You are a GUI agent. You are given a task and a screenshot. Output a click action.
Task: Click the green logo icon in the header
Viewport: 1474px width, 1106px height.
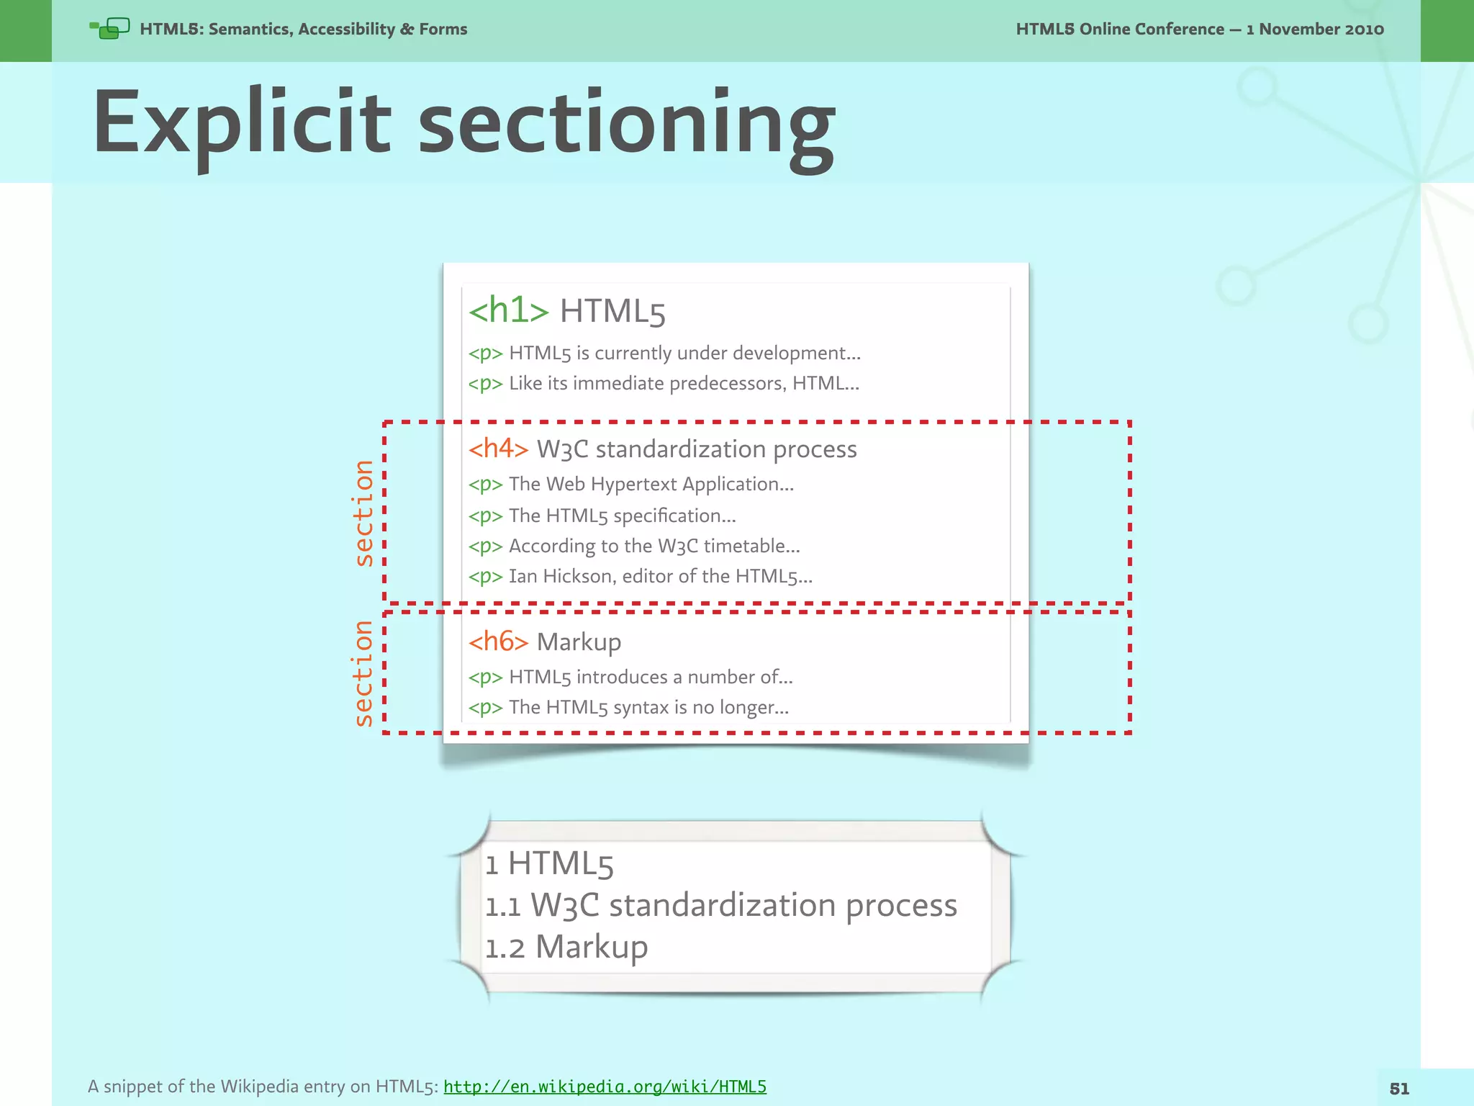click(x=109, y=29)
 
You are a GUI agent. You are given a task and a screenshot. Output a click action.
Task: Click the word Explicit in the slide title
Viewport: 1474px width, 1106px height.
click(x=242, y=124)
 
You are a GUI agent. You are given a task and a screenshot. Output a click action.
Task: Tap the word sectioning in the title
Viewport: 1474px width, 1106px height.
click(x=626, y=124)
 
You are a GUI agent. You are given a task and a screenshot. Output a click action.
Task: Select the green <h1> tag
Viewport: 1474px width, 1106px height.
click(x=508, y=310)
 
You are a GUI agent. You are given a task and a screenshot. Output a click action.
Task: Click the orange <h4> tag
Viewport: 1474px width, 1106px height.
click(x=498, y=449)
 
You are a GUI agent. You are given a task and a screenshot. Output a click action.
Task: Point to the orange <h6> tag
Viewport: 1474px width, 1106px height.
click(x=498, y=642)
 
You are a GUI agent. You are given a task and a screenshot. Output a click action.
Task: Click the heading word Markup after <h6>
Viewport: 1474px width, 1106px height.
click(x=579, y=642)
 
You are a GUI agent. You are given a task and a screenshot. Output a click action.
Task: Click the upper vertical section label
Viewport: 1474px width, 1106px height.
click(x=364, y=513)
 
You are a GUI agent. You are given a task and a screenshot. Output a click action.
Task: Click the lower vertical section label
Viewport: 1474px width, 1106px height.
click(x=364, y=673)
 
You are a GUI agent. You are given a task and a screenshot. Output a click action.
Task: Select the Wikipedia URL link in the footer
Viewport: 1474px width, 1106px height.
click(x=605, y=1086)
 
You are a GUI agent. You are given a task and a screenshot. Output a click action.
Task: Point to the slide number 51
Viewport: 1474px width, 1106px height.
click(x=1399, y=1089)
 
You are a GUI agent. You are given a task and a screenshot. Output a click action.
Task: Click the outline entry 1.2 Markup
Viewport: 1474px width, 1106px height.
click(x=566, y=947)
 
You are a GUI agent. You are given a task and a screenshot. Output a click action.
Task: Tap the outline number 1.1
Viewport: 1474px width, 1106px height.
click(x=502, y=907)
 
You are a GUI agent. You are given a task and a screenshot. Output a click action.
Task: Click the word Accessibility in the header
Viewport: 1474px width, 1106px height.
click(x=346, y=30)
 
